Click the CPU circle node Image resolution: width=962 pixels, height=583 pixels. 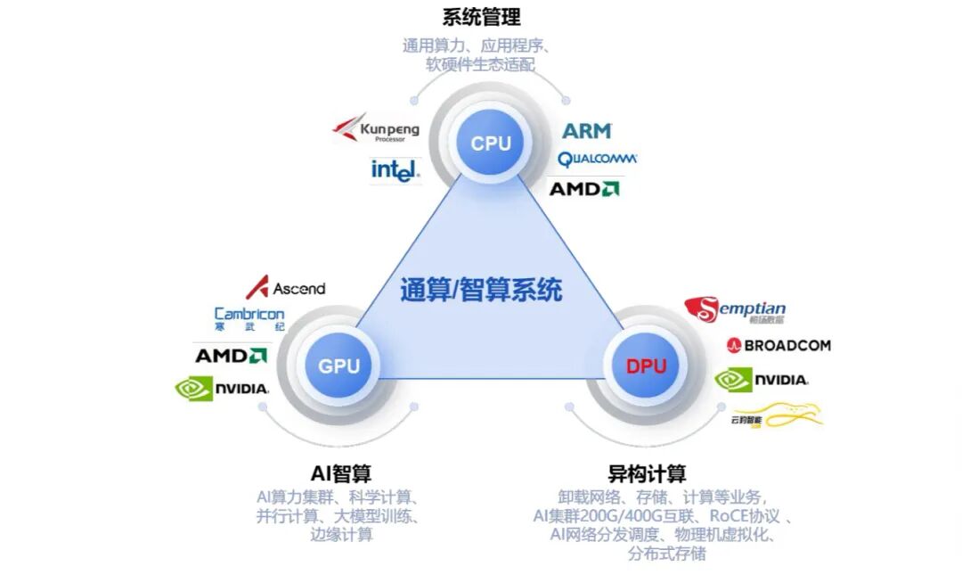coord(490,144)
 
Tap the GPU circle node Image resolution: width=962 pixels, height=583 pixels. coord(338,365)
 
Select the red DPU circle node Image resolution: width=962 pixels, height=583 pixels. coord(646,365)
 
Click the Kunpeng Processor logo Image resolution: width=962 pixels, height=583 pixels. coord(376,131)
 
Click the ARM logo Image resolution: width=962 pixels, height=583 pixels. coord(587,131)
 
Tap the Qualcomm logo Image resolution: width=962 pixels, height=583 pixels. coord(597,160)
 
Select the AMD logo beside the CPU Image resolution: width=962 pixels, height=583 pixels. coord(584,188)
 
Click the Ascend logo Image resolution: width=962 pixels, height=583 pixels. coord(286,288)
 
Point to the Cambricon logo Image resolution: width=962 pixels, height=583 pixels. coord(249,318)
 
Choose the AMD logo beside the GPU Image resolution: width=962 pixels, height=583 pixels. coord(231,356)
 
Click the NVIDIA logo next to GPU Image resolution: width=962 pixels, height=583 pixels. coord(223,388)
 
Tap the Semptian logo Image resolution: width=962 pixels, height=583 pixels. coord(735,310)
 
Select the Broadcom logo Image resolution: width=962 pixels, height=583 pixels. coord(779,345)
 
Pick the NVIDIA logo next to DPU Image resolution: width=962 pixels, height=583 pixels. coord(762,380)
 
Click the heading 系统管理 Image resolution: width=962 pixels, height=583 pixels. coord(481,17)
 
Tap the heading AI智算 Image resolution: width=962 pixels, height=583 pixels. coord(341,472)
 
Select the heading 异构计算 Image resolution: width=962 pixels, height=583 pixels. coord(647,472)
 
